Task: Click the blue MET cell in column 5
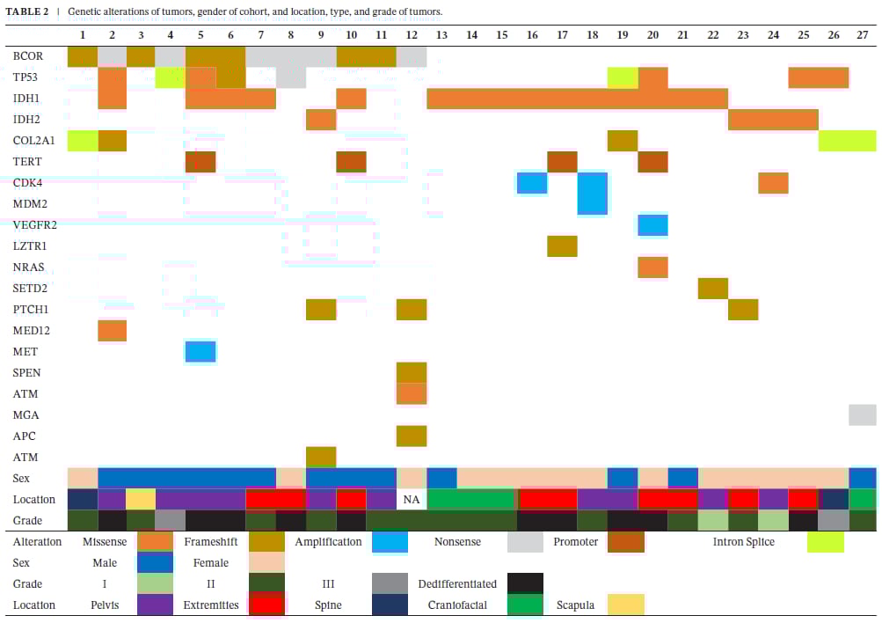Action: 200,352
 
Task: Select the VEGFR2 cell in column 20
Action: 652,224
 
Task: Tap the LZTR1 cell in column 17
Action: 562,246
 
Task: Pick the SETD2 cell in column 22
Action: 712,289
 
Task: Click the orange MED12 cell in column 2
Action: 112,331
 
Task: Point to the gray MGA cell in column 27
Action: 863,414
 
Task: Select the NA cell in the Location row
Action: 411,500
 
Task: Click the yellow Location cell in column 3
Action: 141,499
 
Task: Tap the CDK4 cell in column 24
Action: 773,183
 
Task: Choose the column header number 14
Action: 471,35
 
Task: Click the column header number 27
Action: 862,35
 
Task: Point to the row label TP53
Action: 26,77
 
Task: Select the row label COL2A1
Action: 33,141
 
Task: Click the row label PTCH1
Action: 31,310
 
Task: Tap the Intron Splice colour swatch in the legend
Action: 825,542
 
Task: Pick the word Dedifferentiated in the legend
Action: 457,584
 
